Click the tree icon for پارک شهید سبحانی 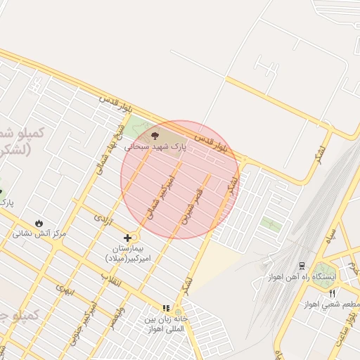(x=155, y=135)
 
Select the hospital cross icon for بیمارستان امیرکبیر (x=127, y=238)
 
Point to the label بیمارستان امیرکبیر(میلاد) (x=127, y=254)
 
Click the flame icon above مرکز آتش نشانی (x=39, y=221)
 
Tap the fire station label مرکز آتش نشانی (x=39, y=233)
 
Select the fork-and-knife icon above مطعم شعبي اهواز (x=332, y=292)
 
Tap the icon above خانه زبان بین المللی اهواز (x=166, y=308)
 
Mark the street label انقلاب (x=110, y=279)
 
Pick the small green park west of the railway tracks (x=271, y=224)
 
